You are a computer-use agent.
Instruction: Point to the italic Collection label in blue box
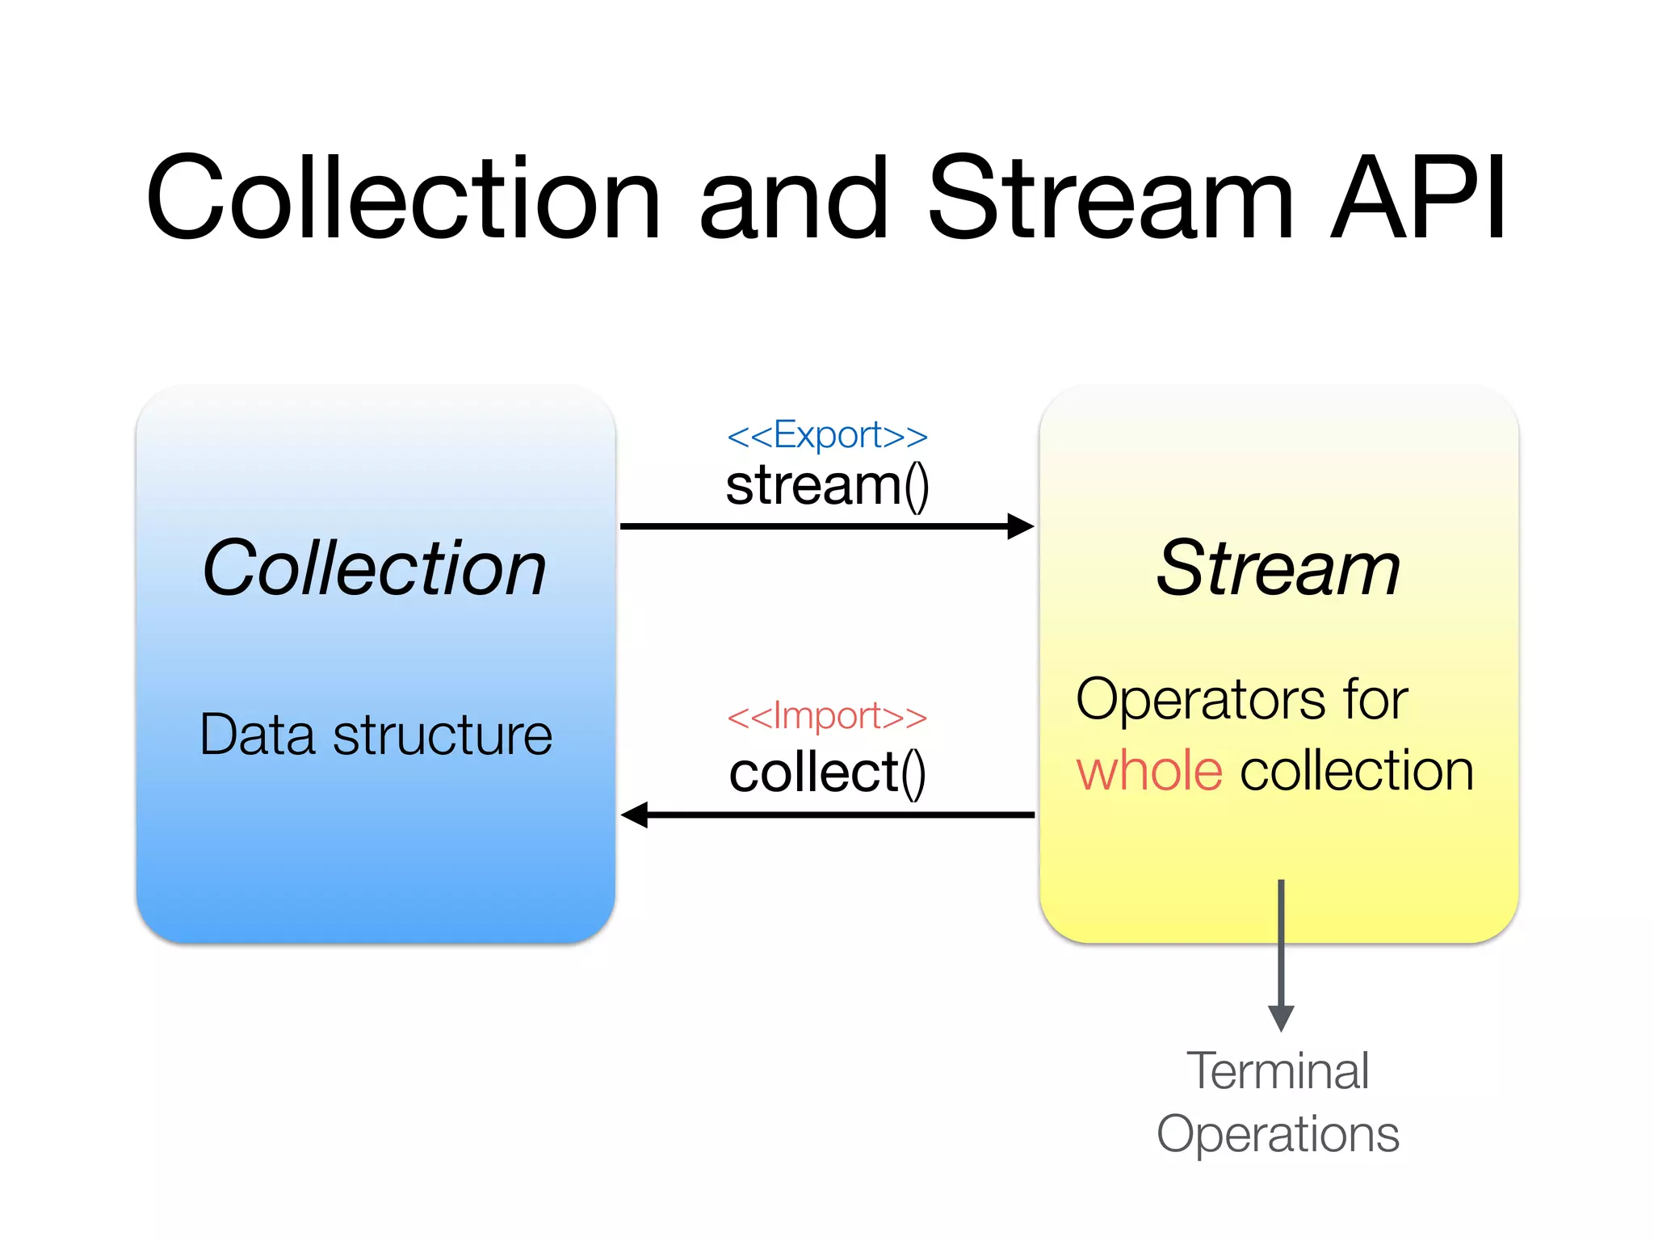click(x=375, y=568)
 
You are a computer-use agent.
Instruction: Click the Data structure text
click(x=376, y=735)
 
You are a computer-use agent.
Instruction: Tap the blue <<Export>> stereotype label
click(x=827, y=435)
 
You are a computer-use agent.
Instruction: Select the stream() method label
click(x=827, y=486)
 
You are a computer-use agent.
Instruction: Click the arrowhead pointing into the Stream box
click(x=1021, y=526)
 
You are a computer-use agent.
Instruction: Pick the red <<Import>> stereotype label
click(x=827, y=716)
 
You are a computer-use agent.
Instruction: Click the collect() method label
click(x=827, y=773)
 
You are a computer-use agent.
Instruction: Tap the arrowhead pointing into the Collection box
click(x=635, y=815)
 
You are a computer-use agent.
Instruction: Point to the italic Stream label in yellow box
click(x=1278, y=568)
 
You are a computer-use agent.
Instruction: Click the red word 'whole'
click(x=1149, y=771)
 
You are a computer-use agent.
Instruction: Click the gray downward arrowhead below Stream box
click(x=1281, y=1017)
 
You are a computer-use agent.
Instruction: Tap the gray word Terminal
click(x=1278, y=1071)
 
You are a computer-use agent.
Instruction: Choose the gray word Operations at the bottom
click(x=1278, y=1134)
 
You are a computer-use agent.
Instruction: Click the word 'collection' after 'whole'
click(x=1357, y=771)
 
